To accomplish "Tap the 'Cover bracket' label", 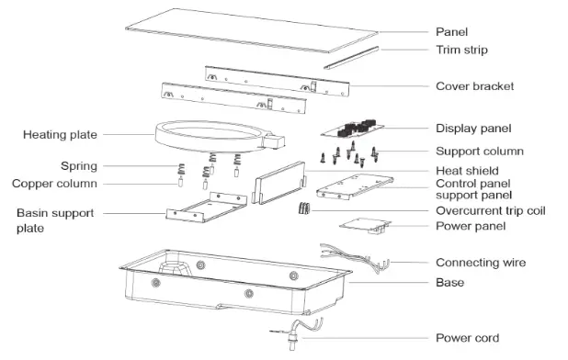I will (473, 86).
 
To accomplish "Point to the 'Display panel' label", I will (472, 129).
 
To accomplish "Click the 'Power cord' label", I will (467, 338).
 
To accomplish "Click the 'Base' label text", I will (449, 283).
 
